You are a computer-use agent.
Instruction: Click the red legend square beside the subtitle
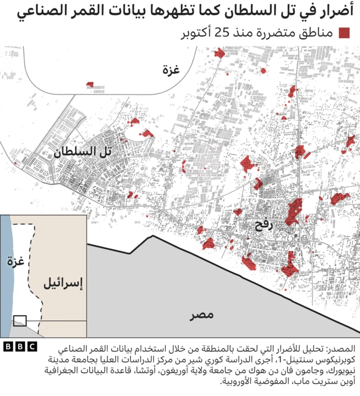click(344, 33)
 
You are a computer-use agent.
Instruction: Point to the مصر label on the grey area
click(201, 315)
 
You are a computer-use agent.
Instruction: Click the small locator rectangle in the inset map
click(20, 320)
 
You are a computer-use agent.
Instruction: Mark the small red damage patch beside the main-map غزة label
click(90, 85)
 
